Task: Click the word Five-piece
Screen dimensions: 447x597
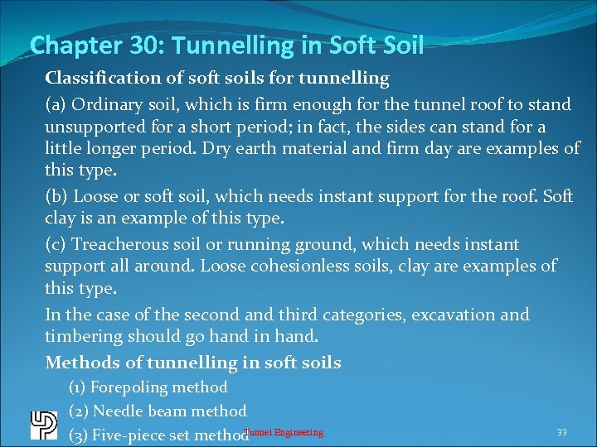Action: [x=130, y=435]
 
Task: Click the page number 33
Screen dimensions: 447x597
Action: [x=561, y=432]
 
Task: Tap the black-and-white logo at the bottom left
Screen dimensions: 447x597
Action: [x=43, y=425]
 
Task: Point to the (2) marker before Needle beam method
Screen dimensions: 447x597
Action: [x=79, y=411]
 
